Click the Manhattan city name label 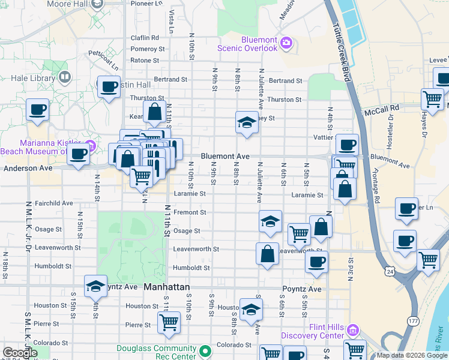[167, 288]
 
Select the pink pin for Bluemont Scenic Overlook [286, 43]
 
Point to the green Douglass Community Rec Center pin [206, 350]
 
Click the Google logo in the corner [20, 353]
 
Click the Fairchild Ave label [53, 203]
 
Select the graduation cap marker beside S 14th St [95, 286]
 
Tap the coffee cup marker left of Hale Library [38, 110]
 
